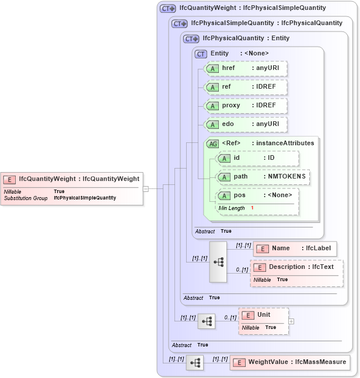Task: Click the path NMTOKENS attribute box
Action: [x=263, y=177]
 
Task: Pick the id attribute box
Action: [x=257, y=158]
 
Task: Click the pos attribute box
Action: [x=257, y=195]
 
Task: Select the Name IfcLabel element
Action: [x=295, y=248]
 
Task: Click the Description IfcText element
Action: [x=297, y=267]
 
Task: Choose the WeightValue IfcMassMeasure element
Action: [x=290, y=362]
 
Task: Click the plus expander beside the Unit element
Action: [x=291, y=321]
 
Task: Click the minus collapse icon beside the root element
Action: [x=145, y=188]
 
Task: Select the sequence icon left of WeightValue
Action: [x=195, y=362]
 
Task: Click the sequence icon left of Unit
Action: [x=207, y=321]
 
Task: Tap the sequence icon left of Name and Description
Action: [x=218, y=262]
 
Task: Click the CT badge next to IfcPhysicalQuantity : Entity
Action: [x=191, y=38]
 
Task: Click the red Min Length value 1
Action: [x=252, y=208]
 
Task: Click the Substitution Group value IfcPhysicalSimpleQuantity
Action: [x=85, y=198]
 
